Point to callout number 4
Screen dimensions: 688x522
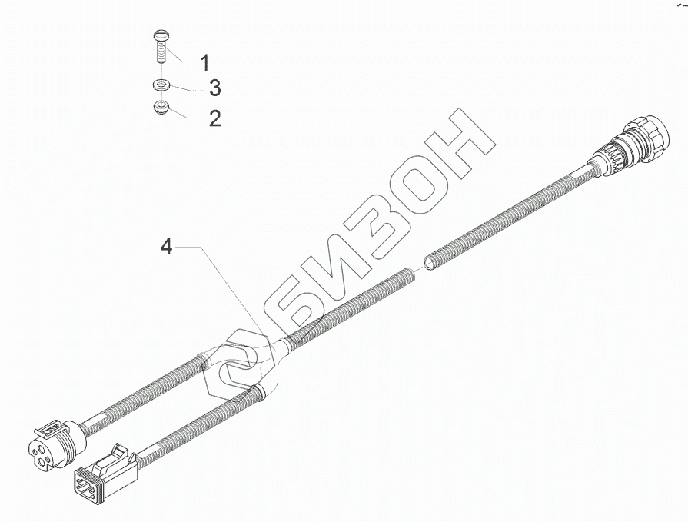point(166,248)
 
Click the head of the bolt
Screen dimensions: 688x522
point(162,33)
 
